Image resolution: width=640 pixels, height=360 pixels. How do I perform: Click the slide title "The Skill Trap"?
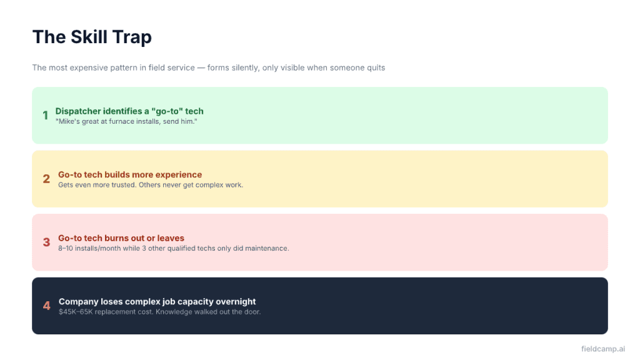click(x=92, y=37)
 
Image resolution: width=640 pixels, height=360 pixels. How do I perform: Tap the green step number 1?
click(x=46, y=116)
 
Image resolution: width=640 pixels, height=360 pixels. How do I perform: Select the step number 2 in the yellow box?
click(x=46, y=179)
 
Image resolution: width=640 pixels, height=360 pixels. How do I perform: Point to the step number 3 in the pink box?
click(x=46, y=242)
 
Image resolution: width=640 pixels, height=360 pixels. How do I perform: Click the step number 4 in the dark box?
click(x=46, y=306)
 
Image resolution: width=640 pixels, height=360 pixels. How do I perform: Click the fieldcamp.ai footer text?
click(x=602, y=349)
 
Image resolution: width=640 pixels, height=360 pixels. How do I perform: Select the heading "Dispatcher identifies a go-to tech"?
click(x=129, y=111)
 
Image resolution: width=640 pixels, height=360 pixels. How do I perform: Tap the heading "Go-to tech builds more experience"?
click(x=130, y=174)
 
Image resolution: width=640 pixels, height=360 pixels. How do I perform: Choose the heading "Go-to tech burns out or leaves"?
click(x=121, y=238)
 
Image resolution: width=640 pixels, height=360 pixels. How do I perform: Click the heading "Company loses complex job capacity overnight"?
click(x=157, y=301)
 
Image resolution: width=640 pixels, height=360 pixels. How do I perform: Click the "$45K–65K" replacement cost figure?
click(x=75, y=311)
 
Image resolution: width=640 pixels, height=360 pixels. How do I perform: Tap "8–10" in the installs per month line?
click(x=66, y=248)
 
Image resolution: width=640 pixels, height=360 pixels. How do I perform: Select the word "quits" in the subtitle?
click(x=375, y=67)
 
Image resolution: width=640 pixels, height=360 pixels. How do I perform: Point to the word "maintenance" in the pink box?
click(x=266, y=248)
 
